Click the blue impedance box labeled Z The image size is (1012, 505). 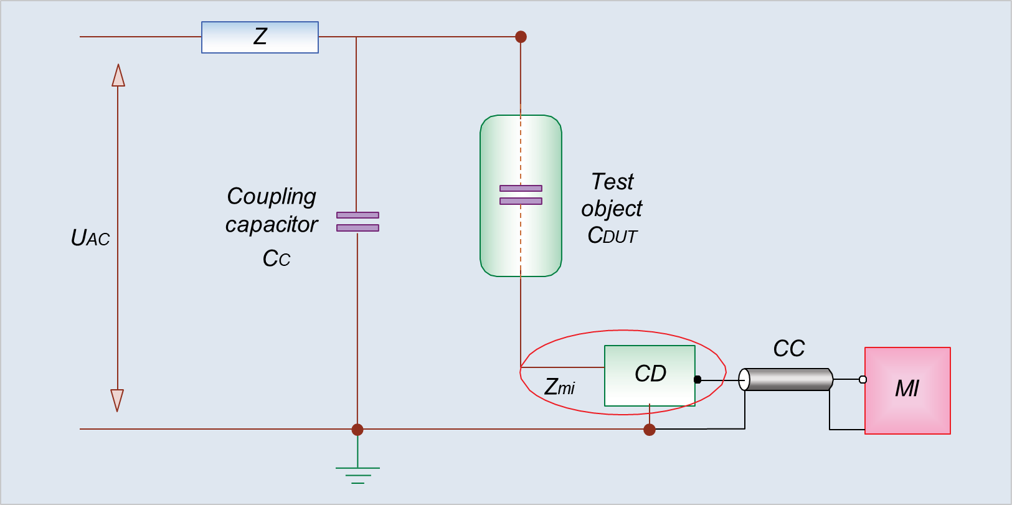click(x=260, y=37)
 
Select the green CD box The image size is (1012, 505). click(x=650, y=375)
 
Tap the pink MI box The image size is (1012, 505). click(x=907, y=390)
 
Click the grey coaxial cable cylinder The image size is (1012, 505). click(x=788, y=379)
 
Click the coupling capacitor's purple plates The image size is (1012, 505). click(x=357, y=221)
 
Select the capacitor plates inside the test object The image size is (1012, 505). click(x=521, y=194)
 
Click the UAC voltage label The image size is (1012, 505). click(x=90, y=238)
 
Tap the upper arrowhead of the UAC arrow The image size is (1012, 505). click(x=118, y=75)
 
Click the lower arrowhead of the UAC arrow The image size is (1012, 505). click(x=117, y=400)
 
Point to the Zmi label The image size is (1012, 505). click(x=559, y=387)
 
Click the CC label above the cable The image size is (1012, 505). click(x=788, y=349)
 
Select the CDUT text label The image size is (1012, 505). click(x=612, y=236)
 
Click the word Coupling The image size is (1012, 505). click(x=272, y=196)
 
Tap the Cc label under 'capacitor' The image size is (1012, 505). click(x=277, y=258)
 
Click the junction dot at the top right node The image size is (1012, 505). click(x=521, y=37)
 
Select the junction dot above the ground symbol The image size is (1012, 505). click(x=357, y=430)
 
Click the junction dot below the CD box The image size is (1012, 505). click(x=650, y=430)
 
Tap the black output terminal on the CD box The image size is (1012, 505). click(x=698, y=379)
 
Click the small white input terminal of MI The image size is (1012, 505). click(x=863, y=379)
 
